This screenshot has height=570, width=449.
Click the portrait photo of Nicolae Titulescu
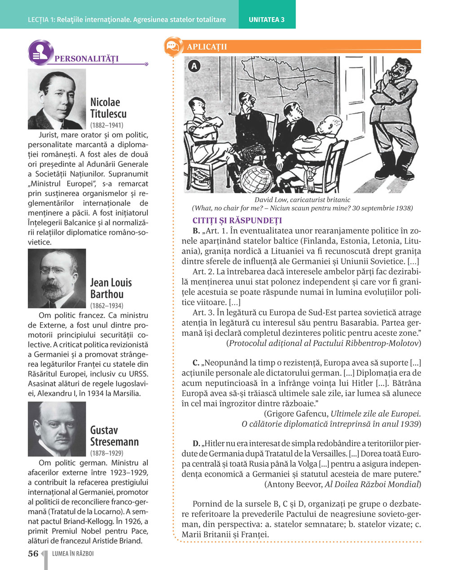(x=57, y=99)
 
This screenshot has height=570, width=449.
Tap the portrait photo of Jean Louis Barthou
(x=57, y=278)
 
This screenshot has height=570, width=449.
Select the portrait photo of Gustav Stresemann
(x=57, y=429)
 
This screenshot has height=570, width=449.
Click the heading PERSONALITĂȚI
(x=86, y=59)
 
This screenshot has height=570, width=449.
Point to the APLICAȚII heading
(x=207, y=47)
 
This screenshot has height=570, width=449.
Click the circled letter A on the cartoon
(x=194, y=66)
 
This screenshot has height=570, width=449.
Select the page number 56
(x=33, y=554)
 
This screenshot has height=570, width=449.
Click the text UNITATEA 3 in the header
(x=267, y=20)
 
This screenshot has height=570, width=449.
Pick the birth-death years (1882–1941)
(x=107, y=125)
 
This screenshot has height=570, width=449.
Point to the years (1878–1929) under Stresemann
(x=107, y=453)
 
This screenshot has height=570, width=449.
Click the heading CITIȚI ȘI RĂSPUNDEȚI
(x=237, y=221)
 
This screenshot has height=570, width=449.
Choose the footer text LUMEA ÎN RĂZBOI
(x=73, y=554)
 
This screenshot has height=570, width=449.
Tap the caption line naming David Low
(x=302, y=200)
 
